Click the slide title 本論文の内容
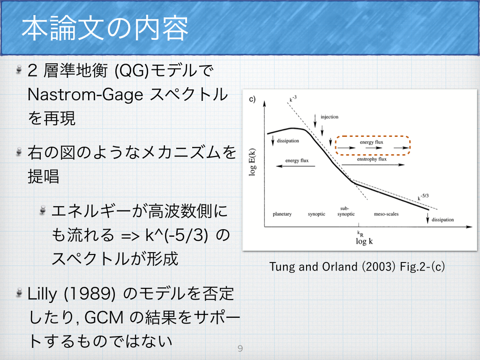coord(105,29)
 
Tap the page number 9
coord(240,348)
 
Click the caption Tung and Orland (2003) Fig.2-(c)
coord(357,267)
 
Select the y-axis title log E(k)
coord(252,162)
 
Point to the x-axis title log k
coord(364,241)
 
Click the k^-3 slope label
coord(293,98)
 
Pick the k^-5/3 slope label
coord(423,197)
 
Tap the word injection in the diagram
coord(330,117)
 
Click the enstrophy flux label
coord(372,159)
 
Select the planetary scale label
coord(282,214)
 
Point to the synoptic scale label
coord(316,214)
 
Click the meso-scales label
coord(386,214)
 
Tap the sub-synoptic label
coord(346,211)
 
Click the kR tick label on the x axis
coord(360,234)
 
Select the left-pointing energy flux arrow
coord(295,166)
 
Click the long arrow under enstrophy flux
coord(373,165)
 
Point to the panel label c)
coord(252,99)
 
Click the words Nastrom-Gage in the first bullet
coord(85,95)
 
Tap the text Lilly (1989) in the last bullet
coord(71,294)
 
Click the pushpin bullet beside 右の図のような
coord(19,151)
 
